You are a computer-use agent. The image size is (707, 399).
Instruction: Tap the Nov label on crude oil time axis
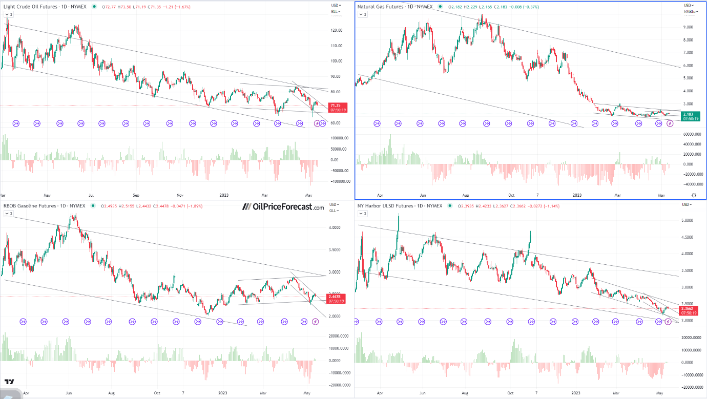pyautogui.click(x=180, y=195)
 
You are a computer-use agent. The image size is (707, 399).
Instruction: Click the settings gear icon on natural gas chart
pyautogui.click(x=694, y=195)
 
